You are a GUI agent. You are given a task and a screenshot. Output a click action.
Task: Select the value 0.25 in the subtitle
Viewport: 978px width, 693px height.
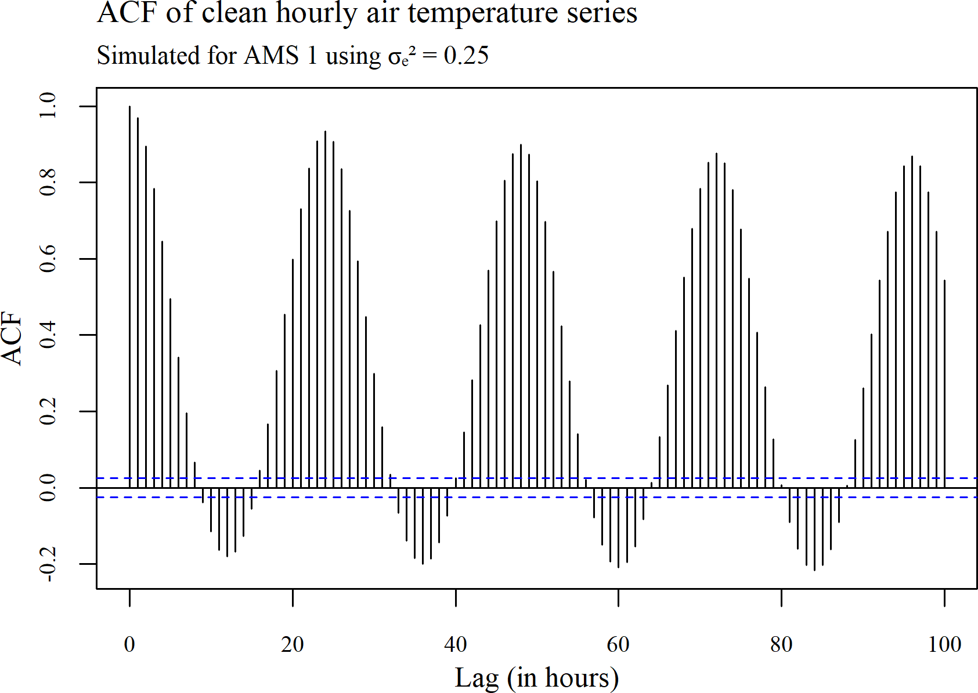coord(466,56)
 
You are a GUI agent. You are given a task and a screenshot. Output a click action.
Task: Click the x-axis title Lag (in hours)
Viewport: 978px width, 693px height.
coord(537,677)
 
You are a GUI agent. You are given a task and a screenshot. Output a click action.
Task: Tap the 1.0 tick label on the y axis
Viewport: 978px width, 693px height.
coord(48,106)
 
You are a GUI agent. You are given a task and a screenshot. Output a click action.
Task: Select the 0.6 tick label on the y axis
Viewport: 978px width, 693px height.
coord(48,259)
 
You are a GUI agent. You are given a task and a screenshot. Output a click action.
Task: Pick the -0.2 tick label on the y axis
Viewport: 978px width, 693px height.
coord(48,564)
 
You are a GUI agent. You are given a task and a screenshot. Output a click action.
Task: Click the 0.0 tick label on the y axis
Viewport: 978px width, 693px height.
coord(48,488)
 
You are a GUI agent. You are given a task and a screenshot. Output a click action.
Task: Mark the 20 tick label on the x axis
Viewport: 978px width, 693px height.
coord(293,644)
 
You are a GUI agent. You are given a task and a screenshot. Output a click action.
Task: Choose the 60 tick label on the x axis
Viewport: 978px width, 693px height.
coord(618,644)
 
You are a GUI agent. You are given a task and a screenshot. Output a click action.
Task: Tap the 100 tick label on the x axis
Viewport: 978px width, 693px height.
coord(944,644)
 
